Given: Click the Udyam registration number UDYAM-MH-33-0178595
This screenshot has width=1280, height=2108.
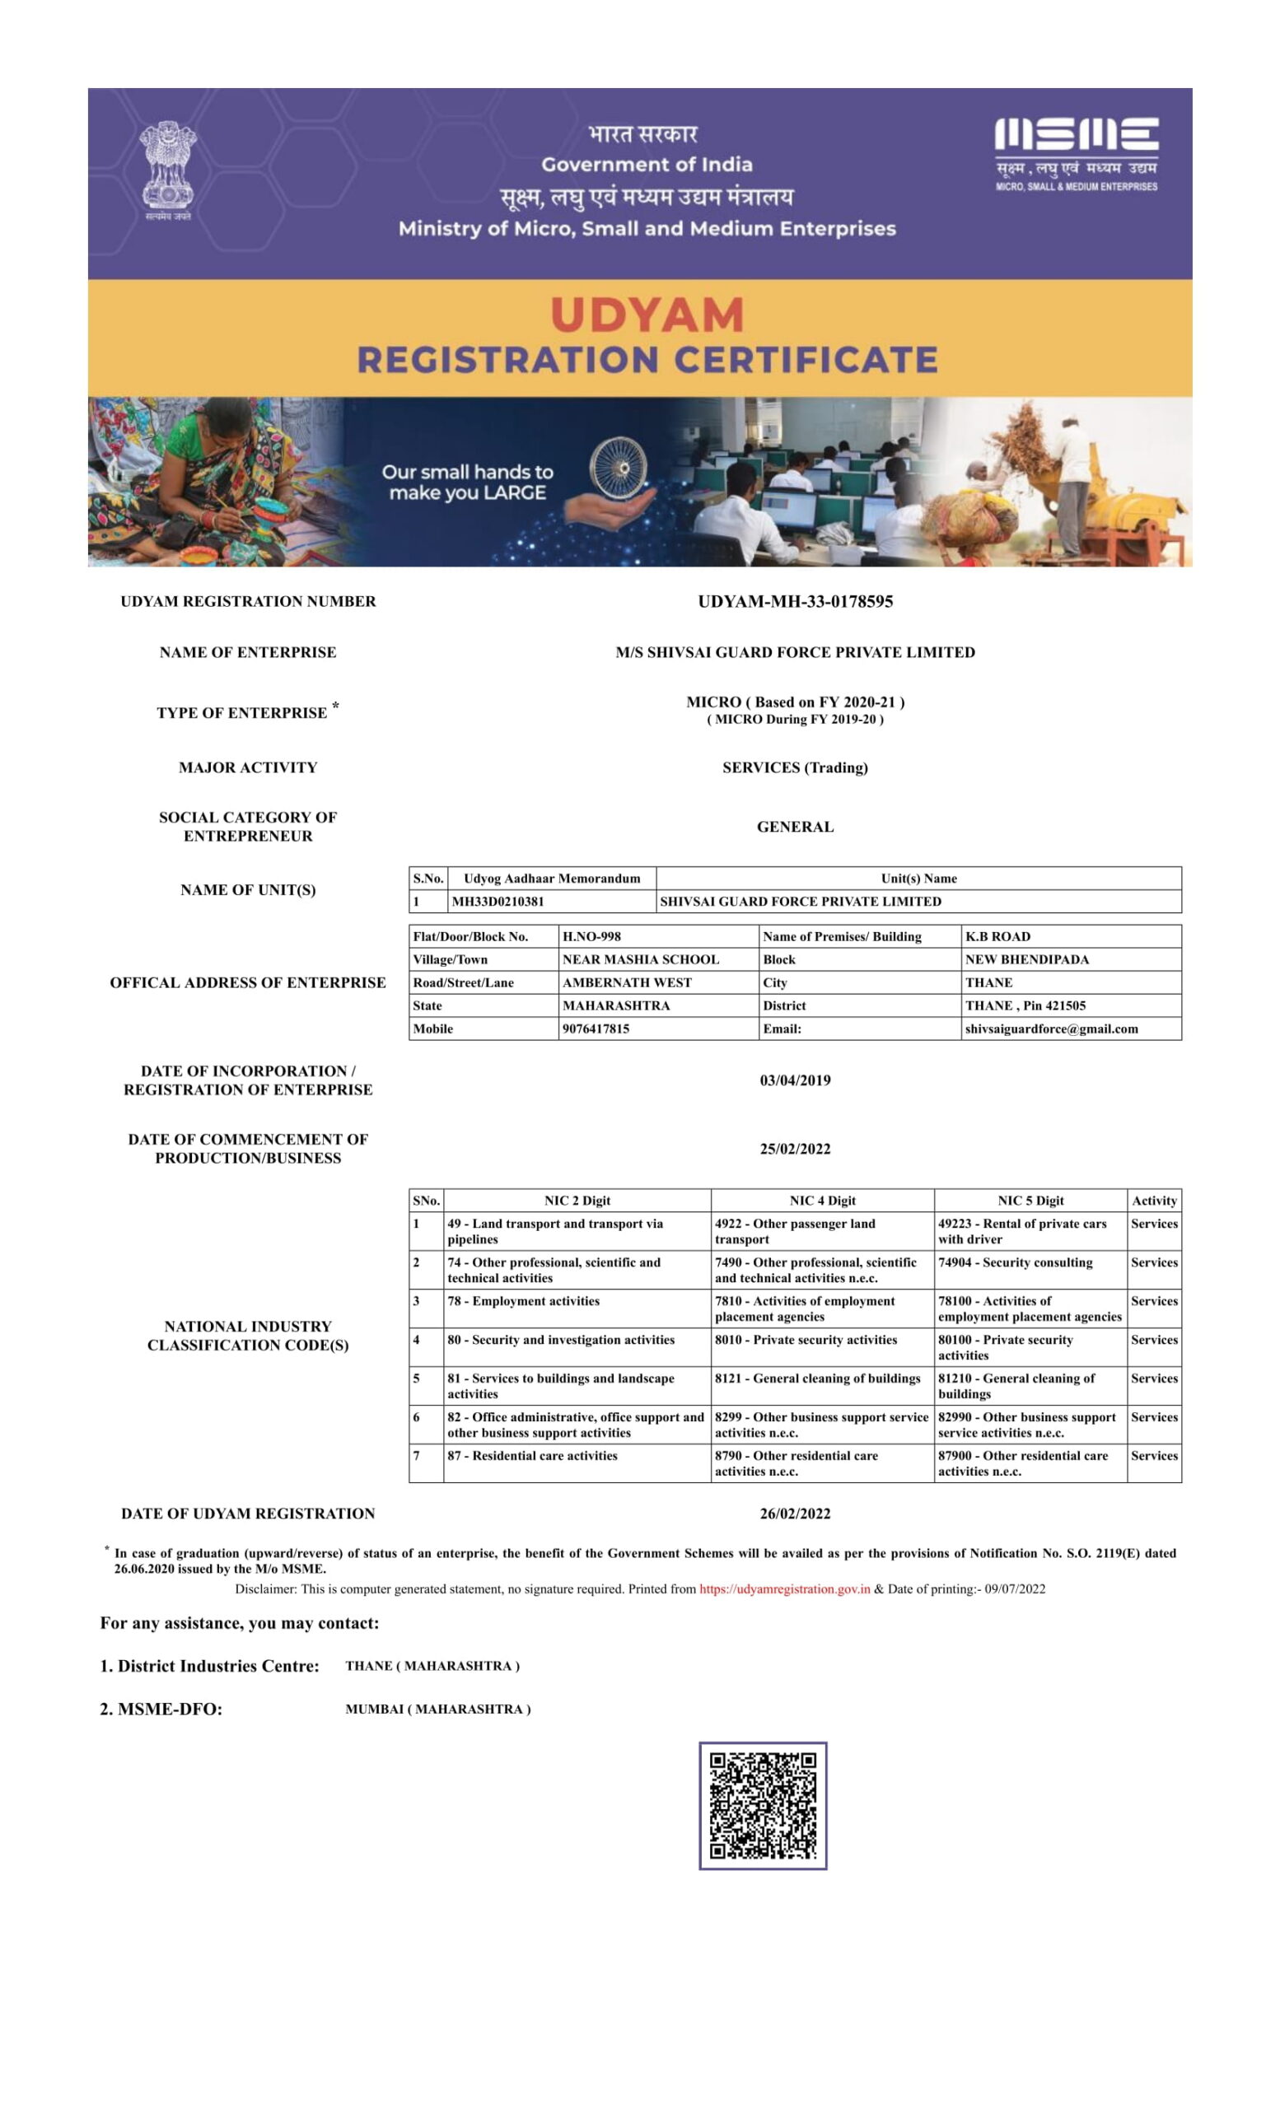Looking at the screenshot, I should pos(795,601).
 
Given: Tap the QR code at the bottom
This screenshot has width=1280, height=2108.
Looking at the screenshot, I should pos(763,1805).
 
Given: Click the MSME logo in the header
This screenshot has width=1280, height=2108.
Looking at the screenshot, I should pos(1076,154).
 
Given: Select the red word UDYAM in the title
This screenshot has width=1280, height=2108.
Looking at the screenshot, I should pos(647,315).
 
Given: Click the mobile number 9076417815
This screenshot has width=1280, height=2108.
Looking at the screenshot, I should pos(596,1028).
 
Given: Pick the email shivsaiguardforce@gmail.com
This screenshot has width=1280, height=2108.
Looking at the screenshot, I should pos(1051,1028).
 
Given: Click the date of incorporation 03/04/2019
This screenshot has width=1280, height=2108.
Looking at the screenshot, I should pos(795,1080).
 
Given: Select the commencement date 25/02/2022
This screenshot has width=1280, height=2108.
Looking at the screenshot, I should pos(795,1148).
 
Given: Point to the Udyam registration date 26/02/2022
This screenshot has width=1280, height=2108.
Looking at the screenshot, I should pos(795,1513).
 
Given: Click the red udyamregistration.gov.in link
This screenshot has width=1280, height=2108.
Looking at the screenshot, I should pos(785,1588).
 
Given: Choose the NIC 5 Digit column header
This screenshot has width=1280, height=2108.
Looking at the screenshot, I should pos(1030,1201).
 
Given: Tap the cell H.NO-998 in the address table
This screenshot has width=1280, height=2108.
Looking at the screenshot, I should pos(591,936).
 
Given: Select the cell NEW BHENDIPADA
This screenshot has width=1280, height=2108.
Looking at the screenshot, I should pos(1027,959).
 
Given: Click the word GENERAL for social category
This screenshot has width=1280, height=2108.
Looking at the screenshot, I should pos(795,827).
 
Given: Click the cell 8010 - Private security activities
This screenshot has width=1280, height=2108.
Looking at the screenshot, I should pos(806,1339).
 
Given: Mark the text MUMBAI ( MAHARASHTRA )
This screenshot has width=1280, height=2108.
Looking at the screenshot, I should pos(437,1709).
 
